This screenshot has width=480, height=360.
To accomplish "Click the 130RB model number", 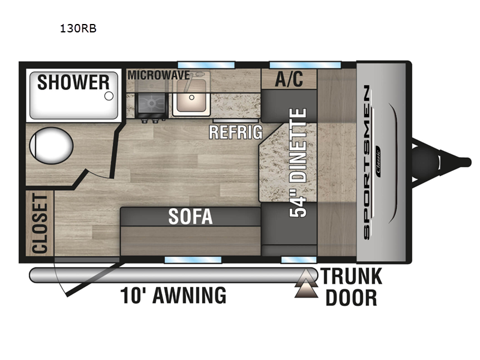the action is coord(78,28).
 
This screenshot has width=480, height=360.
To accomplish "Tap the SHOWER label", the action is coord(73,82).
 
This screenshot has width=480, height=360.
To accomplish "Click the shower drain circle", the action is coord(109,96).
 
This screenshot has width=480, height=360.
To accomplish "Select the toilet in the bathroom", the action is coord(51,145).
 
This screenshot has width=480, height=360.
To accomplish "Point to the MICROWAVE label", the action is coord(158,75).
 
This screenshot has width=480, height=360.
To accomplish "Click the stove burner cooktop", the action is coord(152,104).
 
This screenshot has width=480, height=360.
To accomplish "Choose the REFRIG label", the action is coord(236,132).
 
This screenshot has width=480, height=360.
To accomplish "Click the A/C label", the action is coord(289,79).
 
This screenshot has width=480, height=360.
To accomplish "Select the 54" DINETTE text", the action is coord(298,163).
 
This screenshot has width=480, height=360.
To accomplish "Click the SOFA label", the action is coord(190,217).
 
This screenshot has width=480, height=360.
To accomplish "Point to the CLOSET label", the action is coord(40,224).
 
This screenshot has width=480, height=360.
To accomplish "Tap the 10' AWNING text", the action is coord(173,295).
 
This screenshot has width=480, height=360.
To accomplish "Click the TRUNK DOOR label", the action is coord(352,287).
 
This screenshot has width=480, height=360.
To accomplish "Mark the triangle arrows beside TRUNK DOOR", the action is coord(306,283).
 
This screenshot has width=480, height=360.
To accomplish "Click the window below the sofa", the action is coord(193,260).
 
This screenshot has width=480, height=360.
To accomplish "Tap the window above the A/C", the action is coord(305,65).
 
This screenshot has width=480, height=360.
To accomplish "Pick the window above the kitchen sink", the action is coord(206,65).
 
